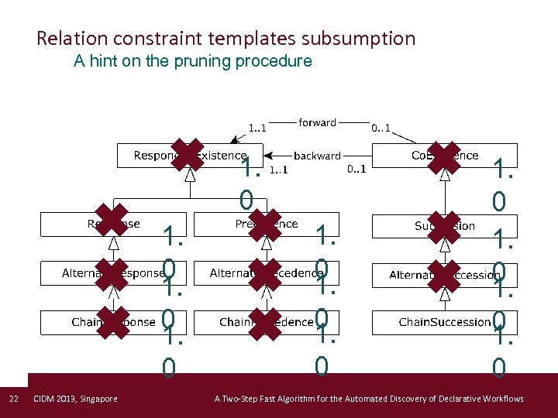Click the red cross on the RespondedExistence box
point(188,155)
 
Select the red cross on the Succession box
point(443,225)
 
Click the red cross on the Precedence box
point(266,225)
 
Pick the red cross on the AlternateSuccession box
point(443,274)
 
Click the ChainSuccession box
point(444,322)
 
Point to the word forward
point(318,122)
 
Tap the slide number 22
point(13,399)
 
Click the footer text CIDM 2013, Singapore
point(76,399)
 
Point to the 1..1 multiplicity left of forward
point(257,128)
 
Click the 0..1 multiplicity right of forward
point(381,128)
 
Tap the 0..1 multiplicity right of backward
point(356,169)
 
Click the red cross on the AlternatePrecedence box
point(266,274)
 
